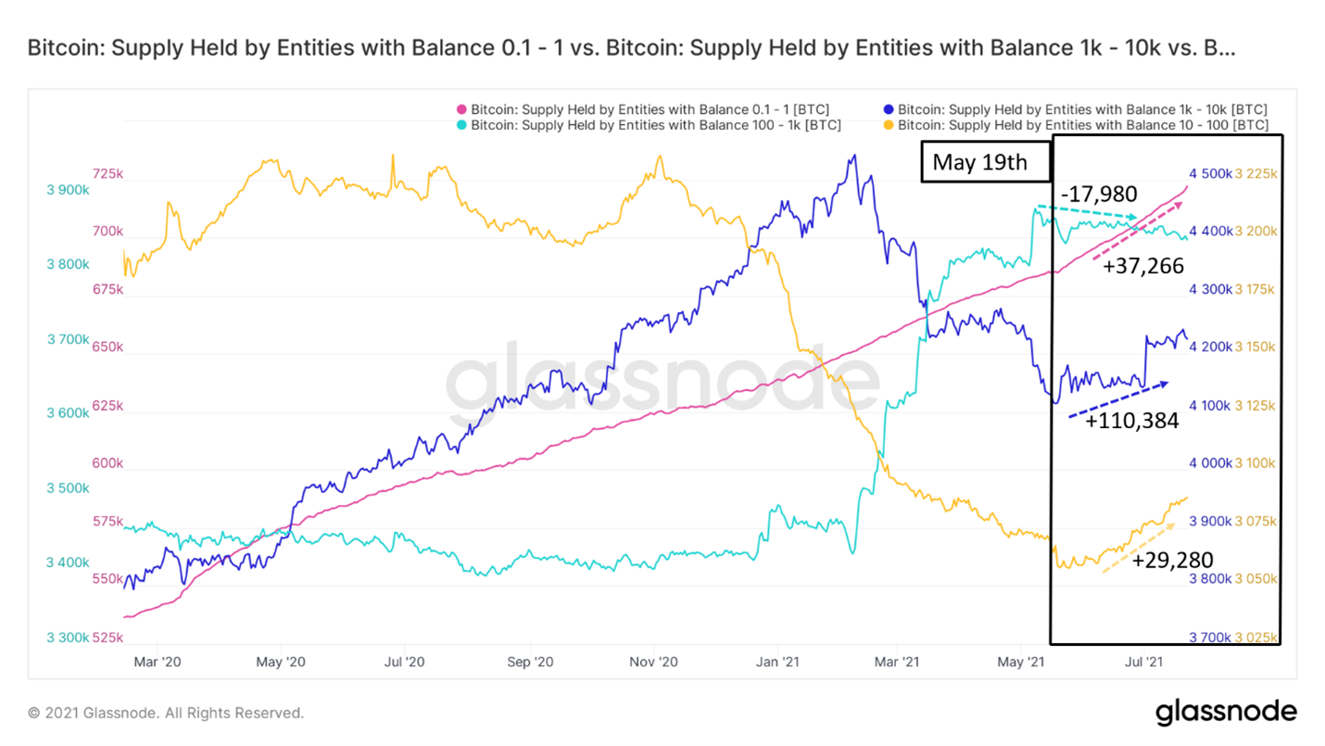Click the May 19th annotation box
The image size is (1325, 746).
(x=986, y=162)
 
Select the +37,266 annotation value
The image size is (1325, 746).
(x=1142, y=267)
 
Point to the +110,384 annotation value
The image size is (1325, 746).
(x=1132, y=421)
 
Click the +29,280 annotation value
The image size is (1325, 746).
(x=1172, y=559)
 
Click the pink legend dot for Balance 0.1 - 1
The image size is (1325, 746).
(x=461, y=109)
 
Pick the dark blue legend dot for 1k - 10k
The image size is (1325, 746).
(x=889, y=109)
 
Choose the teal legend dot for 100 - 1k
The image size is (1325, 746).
(x=461, y=125)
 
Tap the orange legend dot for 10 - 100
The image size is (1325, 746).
(x=889, y=125)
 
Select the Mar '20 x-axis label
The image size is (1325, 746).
(x=158, y=662)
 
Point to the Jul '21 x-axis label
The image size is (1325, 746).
(x=1142, y=662)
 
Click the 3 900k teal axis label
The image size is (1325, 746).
(x=68, y=189)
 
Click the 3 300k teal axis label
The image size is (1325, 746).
(x=68, y=638)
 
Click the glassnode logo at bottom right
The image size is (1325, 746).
(x=1225, y=712)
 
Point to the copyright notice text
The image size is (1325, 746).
(x=166, y=713)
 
